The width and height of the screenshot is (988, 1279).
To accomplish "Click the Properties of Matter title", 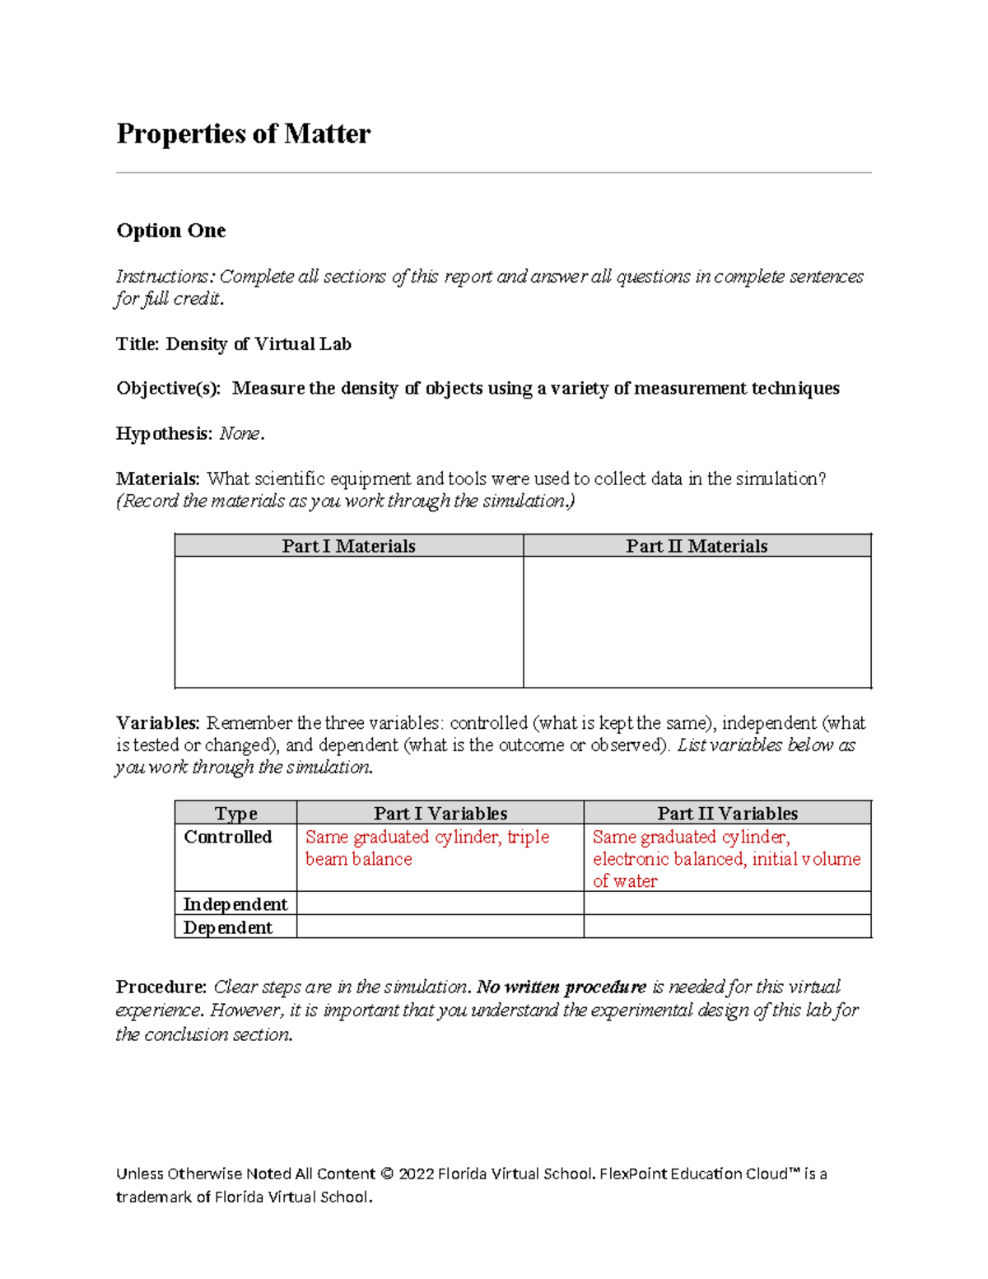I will [243, 133].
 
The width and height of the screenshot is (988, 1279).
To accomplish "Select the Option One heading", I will [171, 231].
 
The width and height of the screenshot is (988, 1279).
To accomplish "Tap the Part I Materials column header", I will [348, 546].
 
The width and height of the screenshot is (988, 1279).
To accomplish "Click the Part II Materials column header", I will [697, 546].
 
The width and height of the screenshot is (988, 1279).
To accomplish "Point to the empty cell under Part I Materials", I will [348, 622].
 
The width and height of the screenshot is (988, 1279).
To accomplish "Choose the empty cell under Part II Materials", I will [697, 622].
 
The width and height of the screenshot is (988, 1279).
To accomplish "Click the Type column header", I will [235, 814].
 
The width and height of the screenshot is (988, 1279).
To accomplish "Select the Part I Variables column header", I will [440, 814].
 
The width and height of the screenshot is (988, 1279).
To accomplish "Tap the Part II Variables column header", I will [727, 814].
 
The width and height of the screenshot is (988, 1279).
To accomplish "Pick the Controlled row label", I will [228, 838].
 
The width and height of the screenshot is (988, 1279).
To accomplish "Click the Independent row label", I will [235, 904].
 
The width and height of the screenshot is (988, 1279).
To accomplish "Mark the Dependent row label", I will [228, 927].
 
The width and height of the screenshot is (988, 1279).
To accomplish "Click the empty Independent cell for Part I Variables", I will [440, 903].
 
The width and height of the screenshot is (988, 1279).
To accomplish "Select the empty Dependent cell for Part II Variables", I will [727, 927].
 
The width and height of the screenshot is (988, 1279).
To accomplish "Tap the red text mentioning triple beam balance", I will [426, 848].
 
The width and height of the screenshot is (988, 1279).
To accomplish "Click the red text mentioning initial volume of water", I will [726, 860].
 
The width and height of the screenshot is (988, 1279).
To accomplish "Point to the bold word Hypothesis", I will [164, 434].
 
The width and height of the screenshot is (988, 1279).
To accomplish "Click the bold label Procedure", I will [161, 987].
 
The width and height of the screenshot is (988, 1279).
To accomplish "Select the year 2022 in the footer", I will [416, 1174].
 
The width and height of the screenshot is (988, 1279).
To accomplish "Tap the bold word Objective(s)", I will [168, 389].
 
